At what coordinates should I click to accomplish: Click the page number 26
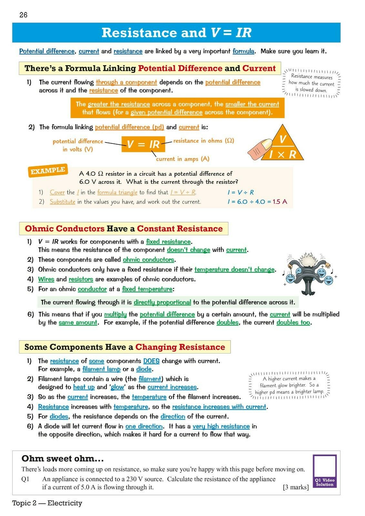24,15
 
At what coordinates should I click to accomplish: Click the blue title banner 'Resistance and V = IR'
176,33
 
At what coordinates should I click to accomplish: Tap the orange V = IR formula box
143,144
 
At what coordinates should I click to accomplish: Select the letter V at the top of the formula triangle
282,139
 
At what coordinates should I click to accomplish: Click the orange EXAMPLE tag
48,171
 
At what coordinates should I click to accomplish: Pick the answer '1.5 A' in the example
279,202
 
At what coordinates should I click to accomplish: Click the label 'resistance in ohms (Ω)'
203,141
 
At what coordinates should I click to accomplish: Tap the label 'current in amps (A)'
183,159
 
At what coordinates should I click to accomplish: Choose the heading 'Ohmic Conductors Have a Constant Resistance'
124,229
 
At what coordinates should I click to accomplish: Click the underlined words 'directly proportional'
162,302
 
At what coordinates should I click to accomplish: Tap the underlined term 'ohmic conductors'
148,260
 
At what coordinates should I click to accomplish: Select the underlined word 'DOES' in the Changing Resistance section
151,361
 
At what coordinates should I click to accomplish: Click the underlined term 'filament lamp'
101,369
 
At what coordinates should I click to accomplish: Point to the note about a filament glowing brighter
289,385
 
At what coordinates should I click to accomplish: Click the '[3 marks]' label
296,487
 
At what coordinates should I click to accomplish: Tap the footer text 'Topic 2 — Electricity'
47,503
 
